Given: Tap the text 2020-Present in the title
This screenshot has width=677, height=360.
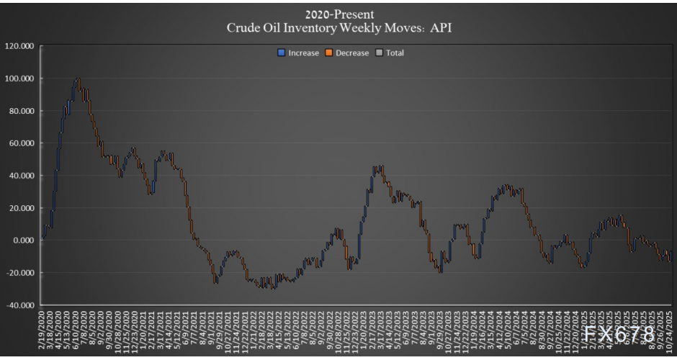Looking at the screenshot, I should click(x=339, y=14).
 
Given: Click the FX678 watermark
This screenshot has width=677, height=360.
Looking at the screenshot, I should click(x=619, y=334).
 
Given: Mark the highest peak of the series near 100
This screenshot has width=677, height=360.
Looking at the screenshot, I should click(x=77, y=79).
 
